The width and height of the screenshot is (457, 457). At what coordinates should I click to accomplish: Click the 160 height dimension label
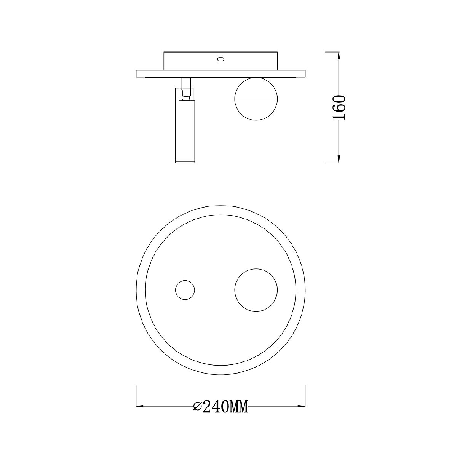click(339, 107)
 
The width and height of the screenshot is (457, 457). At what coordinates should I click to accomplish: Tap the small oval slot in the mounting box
click(221, 59)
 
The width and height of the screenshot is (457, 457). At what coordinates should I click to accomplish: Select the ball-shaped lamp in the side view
click(256, 99)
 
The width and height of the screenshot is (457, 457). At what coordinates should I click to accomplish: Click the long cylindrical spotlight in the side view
click(185, 125)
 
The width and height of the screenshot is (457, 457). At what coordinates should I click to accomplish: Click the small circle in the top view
click(185, 290)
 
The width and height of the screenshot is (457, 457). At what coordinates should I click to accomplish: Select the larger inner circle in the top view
click(256, 290)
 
